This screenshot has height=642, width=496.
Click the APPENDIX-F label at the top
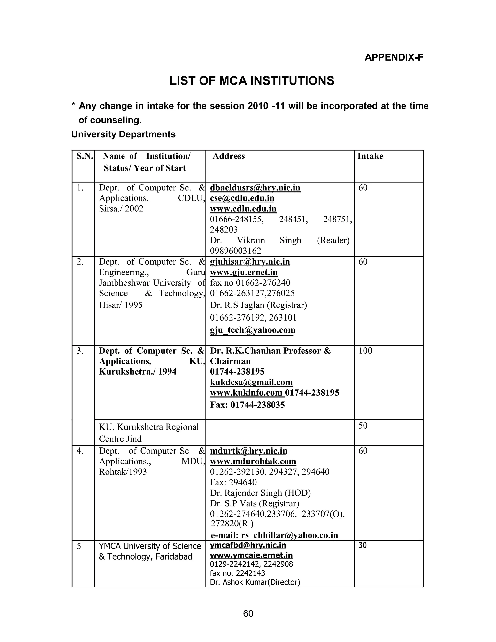tap(394, 57)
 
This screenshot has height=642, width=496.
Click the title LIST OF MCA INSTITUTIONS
tap(252, 81)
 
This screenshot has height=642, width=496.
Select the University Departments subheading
tap(124, 134)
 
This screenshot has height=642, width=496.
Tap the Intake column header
tap(370, 156)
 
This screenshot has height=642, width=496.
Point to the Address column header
tap(229, 156)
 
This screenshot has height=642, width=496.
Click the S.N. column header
tap(85, 156)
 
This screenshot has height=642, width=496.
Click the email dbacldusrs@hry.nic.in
tap(255, 188)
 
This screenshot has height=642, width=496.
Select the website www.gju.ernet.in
tap(244, 273)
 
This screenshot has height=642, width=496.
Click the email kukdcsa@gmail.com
tap(251, 382)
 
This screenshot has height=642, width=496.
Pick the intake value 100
tap(365, 351)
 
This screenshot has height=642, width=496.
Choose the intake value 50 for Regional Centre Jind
tap(363, 425)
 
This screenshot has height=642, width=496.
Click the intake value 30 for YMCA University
tap(363, 545)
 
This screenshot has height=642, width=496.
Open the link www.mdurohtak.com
tap(253, 462)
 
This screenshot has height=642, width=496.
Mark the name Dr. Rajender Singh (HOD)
tap(260, 493)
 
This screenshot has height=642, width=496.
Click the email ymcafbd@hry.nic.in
tap(248, 545)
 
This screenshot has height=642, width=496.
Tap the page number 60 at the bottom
tap(248, 613)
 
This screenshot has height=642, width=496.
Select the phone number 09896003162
tap(235, 251)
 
